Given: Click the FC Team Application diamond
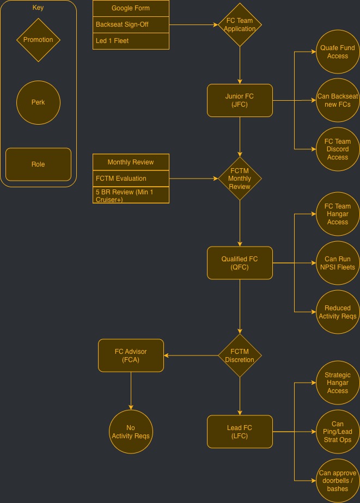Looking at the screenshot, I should click(x=240, y=25).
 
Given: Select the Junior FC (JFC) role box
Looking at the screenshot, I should click(x=240, y=100).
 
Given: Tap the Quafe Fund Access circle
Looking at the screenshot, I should click(x=338, y=52).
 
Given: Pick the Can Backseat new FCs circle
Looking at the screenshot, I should click(x=338, y=100).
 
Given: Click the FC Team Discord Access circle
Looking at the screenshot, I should click(x=338, y=149).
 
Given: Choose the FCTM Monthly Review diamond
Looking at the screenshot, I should click(x=240, y=179).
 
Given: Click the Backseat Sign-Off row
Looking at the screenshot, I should click(x=131, y=24).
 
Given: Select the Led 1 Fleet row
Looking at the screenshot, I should click(x=131, y=41).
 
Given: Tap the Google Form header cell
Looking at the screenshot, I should click(x=131, y=8).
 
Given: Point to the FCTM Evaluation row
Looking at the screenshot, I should click(x=131, y=179).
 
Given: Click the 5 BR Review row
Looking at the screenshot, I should click(x=131, y=195).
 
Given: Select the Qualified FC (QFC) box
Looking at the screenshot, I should click(x=240, y=263).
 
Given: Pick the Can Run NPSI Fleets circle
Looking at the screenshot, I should click(x=338, y=263).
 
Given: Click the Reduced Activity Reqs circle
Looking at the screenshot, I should click(x=338, y=312).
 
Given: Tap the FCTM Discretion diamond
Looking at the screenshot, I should click(x=240, y=355).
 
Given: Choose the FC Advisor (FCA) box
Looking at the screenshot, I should click(x=131, y=355).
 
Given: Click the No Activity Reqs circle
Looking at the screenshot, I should click(x=131, y=432).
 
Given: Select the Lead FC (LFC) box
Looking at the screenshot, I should click(x=240, y=432).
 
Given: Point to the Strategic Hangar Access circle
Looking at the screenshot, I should click(x=338, y=383).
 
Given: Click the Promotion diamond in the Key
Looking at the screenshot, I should click(x=38, y=40).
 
